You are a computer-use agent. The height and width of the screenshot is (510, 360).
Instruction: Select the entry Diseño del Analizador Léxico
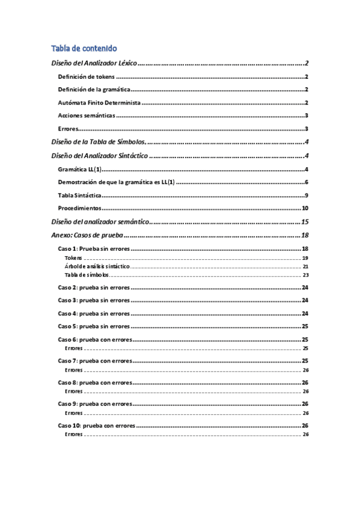pos(93,63)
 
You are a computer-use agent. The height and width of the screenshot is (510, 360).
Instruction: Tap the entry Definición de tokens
pos(86,77)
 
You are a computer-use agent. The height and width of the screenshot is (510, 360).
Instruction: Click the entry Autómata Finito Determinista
pos(103,103)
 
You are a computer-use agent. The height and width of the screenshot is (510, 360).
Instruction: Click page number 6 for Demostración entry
pos(307,182)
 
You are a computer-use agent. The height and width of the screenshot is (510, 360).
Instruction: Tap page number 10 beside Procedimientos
pos(305,208)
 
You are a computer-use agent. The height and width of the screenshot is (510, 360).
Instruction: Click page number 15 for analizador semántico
pos(305,222)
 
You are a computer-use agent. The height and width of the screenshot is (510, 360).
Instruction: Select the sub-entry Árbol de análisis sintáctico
pos(96,266)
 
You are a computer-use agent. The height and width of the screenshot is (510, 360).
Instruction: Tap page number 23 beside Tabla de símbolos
pos(305,274)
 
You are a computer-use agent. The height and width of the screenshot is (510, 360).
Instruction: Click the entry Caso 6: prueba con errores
pos(94,340)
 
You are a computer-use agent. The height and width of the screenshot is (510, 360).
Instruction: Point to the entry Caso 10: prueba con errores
pos(96,426)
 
